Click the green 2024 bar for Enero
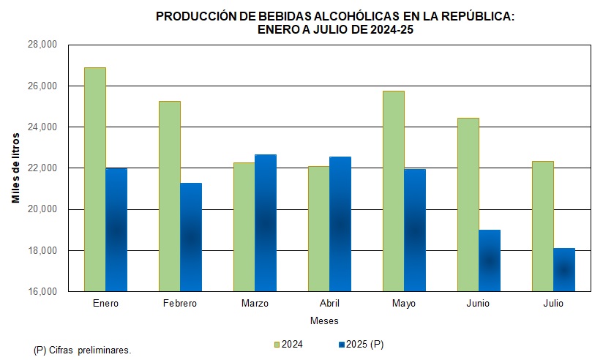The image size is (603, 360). pos(95,179)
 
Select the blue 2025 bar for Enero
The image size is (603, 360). pos(116,230)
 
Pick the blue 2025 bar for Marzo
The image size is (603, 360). pos(266,223)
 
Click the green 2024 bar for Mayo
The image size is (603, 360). pos(394,191)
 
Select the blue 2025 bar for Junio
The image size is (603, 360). pos(490,260)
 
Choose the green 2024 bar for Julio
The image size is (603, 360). pos(543,226)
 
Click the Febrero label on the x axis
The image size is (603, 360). pos(180,303)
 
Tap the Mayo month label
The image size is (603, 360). pos(404,303)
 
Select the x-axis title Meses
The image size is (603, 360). pos(324,320)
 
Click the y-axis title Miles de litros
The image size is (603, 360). pos(15,168)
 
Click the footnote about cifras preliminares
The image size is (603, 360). pos(82,350)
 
